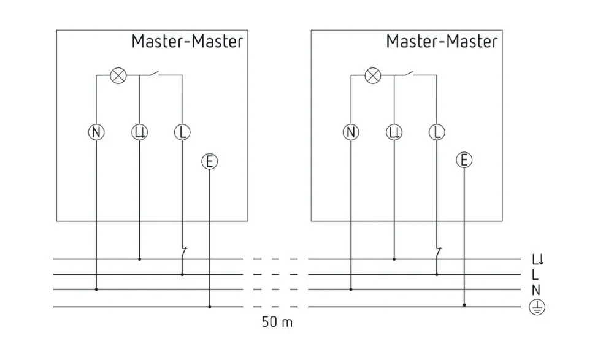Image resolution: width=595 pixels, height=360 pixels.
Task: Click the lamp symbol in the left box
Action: click(118, 75)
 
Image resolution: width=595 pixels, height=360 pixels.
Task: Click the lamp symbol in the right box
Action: click(372, 75)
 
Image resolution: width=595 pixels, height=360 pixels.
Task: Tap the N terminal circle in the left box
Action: click(96, 132)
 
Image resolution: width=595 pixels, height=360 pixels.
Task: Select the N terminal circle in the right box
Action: click(351, 132)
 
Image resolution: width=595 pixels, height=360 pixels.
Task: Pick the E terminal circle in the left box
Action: click(210, 162)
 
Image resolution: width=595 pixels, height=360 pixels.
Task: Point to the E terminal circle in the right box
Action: click(464, 161)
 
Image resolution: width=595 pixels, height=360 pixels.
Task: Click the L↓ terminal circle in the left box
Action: click(139, 132)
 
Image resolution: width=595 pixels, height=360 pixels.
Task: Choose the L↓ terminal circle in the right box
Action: click(394, 132)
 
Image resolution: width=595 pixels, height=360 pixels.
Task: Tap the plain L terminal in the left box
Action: click(182, 132)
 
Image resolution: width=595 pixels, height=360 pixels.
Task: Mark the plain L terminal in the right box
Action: click(437, 132)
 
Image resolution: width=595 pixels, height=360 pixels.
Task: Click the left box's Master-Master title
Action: click(187, 42)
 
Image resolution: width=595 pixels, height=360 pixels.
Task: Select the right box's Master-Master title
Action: click(442, 42)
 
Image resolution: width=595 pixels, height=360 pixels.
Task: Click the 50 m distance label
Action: click(277, 322)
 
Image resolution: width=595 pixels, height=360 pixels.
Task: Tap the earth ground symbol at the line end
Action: click(537, 307)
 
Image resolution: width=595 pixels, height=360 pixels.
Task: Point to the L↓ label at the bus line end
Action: click(538, 259)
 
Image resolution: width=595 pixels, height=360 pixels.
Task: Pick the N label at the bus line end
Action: click(537, 289)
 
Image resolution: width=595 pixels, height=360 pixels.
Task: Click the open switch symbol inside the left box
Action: click(155, 74)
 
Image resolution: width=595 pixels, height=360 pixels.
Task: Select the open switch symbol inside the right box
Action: click(409, 74)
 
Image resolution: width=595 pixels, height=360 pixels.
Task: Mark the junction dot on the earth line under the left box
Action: click(210, 306)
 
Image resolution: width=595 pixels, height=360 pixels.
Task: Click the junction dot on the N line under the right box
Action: click(351, 289)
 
